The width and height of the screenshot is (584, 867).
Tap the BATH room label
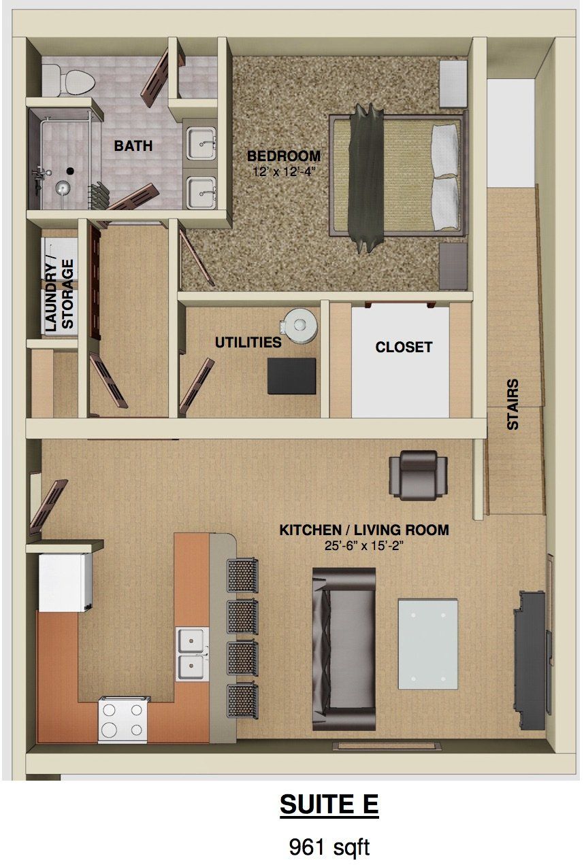coord(133,146)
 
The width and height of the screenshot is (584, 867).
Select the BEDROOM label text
coord(283,156)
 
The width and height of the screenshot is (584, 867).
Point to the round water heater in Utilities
coord(299,326)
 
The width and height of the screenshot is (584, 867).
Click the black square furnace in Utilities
coord(291,375)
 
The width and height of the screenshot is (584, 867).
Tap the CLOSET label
coord(404,347)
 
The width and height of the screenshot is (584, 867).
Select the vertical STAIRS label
coord(513,404)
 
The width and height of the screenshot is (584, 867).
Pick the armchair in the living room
coord(418,475)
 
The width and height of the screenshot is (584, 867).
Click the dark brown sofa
coord(344,649)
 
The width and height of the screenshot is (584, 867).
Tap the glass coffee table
coord(427,643)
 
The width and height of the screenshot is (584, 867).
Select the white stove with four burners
coord(124,719)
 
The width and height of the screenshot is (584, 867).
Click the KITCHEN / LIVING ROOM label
coord(363,530)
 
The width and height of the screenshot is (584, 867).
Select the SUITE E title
coord(329,804)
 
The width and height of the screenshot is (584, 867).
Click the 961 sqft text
coord(329,847)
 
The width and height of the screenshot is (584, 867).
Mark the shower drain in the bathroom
coord(69,171)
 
